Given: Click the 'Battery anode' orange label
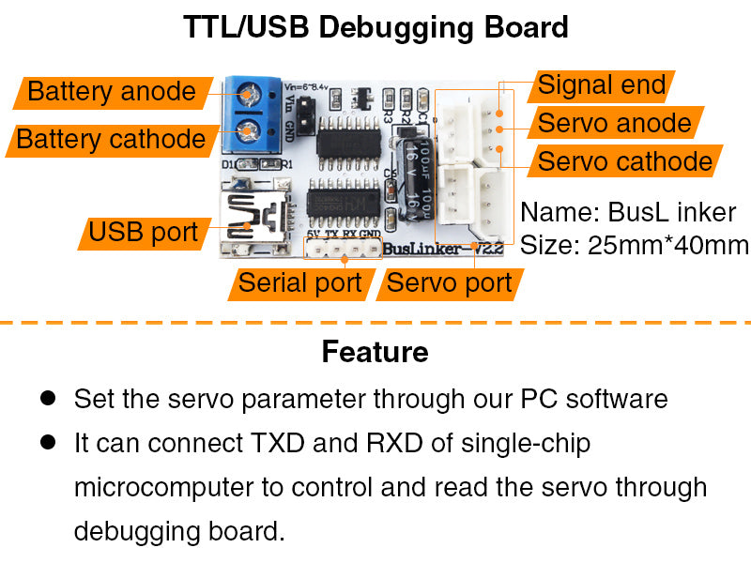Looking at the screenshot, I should click(x=111, y=92).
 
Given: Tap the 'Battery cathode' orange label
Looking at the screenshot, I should click(x=111, y=140).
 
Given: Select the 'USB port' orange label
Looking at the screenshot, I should click(x=143, y=232).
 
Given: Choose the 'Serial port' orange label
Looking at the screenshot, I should click(x=299, y=282).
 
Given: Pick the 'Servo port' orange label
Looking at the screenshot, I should click(x=449, y=282).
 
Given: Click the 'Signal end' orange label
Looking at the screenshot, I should click(x=601, y=85).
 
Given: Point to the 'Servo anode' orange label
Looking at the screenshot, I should click(x=614, y=123).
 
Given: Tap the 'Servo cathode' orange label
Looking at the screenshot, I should click(x=624, y=161).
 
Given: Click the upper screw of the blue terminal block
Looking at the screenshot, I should click(x=250, y=94).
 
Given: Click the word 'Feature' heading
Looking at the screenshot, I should click(x=375, y=352).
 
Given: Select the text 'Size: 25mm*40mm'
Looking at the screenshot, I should click(x=635, y=245).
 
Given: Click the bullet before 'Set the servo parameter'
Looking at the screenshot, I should click(x=48, y=398).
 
